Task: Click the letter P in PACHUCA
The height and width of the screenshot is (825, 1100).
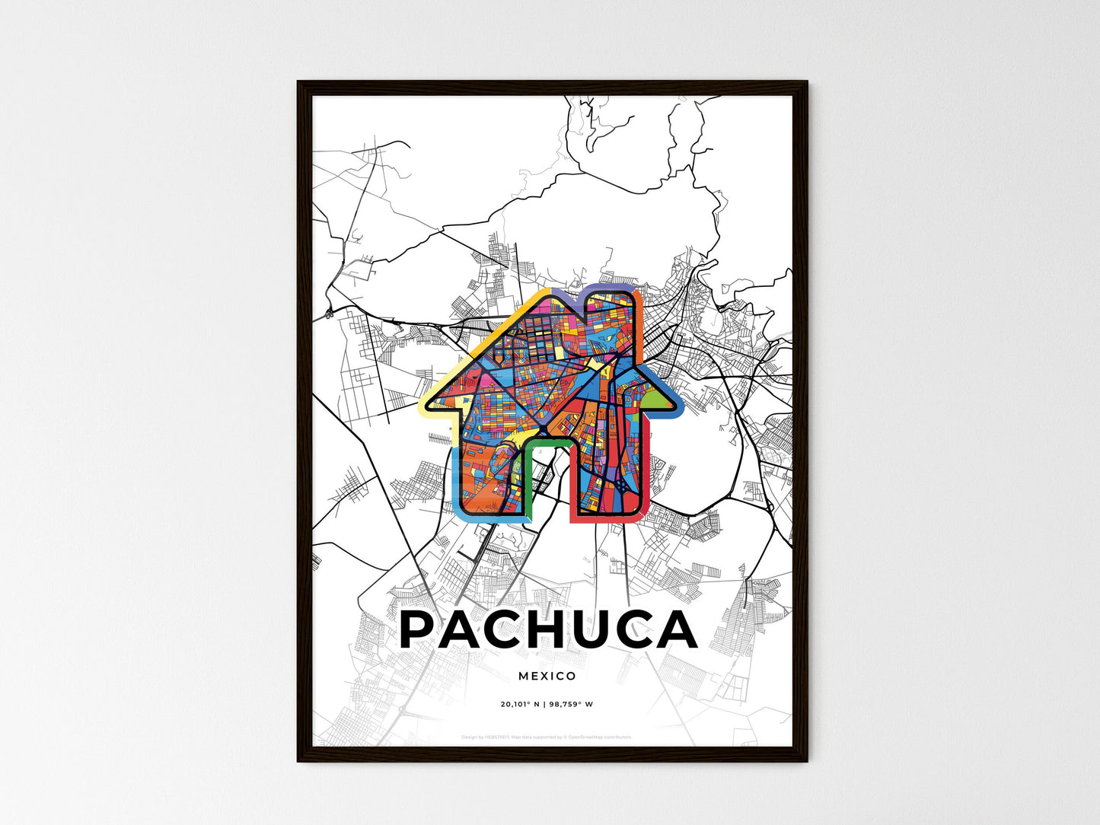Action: pyautogui.click(x=421, y=630)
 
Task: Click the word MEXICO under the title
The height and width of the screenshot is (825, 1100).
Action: pyautogui.click(x=547, y=676)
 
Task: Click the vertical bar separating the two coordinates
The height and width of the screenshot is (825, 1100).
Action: pyautogui.click(x=545, y=704)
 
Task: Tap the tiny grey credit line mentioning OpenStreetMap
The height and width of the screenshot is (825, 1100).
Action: pyautogui.click(x=547, y=737)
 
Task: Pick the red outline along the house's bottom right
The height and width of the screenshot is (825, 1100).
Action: pyautogui.click(x=609, y=520)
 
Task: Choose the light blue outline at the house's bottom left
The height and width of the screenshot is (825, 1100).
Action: pyautogui.click(x=457, y=495)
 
